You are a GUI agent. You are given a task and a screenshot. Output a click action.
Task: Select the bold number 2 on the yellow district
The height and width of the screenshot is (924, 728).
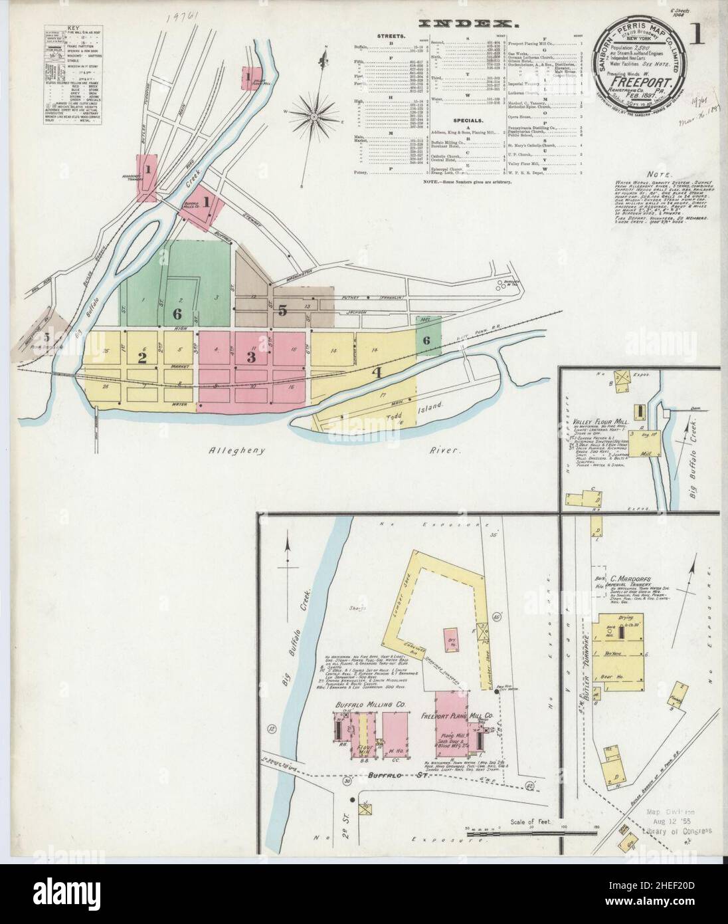[x=141, y=358]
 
